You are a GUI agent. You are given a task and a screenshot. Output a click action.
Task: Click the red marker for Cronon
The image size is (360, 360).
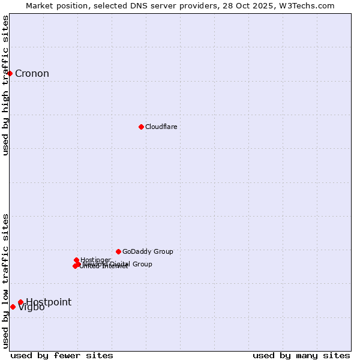10,73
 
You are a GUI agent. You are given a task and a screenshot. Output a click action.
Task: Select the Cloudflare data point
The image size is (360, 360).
141,127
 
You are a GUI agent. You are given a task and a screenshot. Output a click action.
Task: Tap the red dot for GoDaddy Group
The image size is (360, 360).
118,251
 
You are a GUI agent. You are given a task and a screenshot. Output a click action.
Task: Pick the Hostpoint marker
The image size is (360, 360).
20,302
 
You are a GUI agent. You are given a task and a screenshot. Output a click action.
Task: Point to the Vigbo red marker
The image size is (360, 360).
13,307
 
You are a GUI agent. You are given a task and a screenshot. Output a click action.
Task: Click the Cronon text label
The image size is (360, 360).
32,74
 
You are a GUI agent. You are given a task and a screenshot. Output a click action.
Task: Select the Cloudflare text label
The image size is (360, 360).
161,127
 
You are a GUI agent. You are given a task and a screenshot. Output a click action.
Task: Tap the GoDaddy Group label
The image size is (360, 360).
148,251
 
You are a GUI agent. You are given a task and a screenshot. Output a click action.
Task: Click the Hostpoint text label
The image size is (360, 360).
48,302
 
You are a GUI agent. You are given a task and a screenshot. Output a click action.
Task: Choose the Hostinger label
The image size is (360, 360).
95,260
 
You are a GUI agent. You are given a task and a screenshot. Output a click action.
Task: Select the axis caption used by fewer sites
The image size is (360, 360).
62,355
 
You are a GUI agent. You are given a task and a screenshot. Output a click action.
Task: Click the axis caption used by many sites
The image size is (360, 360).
301,355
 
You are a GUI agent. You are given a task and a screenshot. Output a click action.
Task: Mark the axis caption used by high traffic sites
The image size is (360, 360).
6,85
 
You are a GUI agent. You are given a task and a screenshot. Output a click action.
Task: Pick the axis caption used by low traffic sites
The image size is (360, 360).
6,280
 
